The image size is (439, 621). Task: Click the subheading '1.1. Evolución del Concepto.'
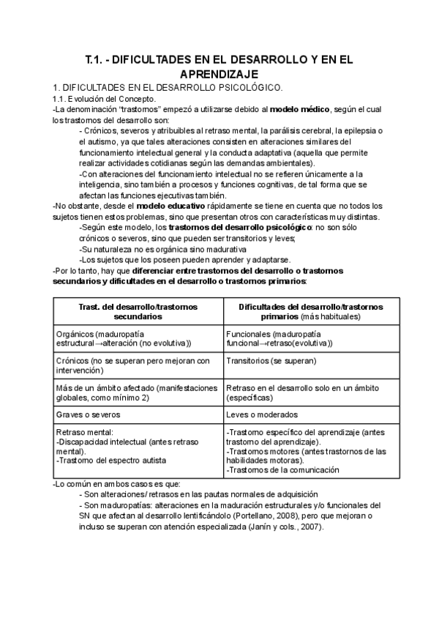104,99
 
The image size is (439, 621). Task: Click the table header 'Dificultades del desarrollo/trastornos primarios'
300,310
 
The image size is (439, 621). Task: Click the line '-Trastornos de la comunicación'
283,470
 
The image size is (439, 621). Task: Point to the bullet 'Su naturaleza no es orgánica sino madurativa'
152,249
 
